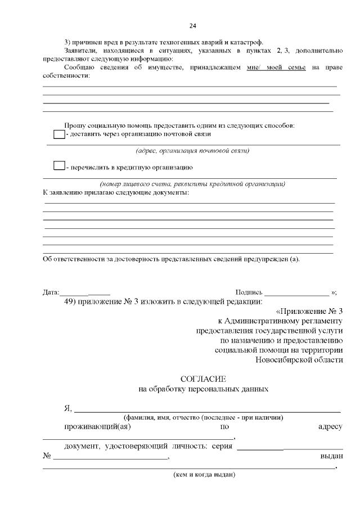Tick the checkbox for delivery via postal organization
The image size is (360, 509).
coord(58,134)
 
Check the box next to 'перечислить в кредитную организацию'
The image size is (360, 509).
coord(58,166)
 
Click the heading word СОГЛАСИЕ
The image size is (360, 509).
coord(203,379)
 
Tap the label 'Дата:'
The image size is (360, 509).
coord(51,292)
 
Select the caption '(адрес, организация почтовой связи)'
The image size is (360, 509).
coord(192,151)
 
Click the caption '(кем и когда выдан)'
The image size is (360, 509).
coord(204,475)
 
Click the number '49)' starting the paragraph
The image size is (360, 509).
coord(72,301)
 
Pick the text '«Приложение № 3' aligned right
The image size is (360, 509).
coord(309,312)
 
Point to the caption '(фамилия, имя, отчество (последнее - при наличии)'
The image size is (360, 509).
coord(203,417)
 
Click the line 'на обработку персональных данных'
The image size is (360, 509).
coord(203,389)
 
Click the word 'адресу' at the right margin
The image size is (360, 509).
coord(330,427)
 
